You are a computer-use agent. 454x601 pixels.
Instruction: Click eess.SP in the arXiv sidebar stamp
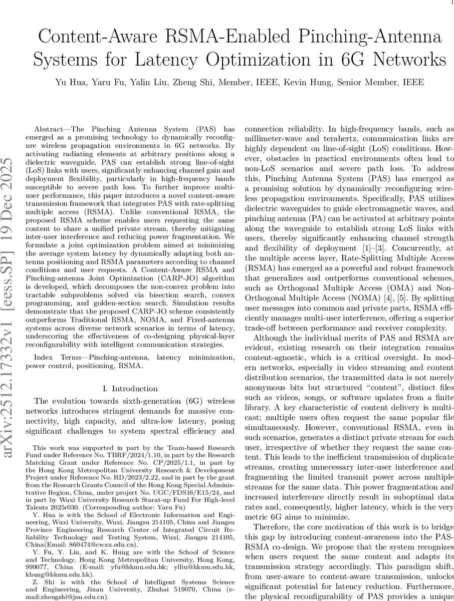pyautogui.click(x=9, y=260)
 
